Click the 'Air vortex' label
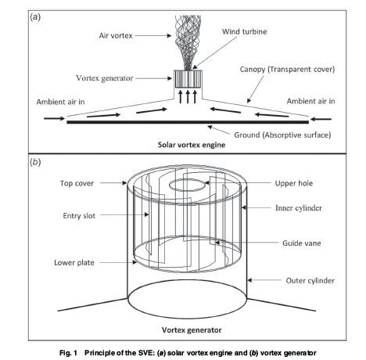(x=116, y=35)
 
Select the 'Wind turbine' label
(x=244, y=31)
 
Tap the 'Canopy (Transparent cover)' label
(x=287, y=70)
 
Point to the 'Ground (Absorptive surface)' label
(x=282, y=135)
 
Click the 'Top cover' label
(x=77, y=183)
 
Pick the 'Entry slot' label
(x=79, y=216)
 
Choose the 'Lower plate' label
(x=74, y=262)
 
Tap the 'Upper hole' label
(x=294, y=183)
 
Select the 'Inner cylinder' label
(x=299, y=208)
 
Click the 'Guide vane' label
(x=302, y=243)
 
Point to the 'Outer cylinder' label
(x=310, y=281)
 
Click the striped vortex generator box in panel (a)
(x=188, y=79)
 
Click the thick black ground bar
(x=188, y=122)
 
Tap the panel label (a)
(x=35, y=17)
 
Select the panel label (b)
(x=35, y=162)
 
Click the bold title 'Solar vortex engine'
(x=192, y=145)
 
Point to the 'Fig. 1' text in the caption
(x=68, y=353)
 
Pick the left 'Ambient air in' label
(x=60, y=102)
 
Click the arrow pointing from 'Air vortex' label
(x=153, y=35)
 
